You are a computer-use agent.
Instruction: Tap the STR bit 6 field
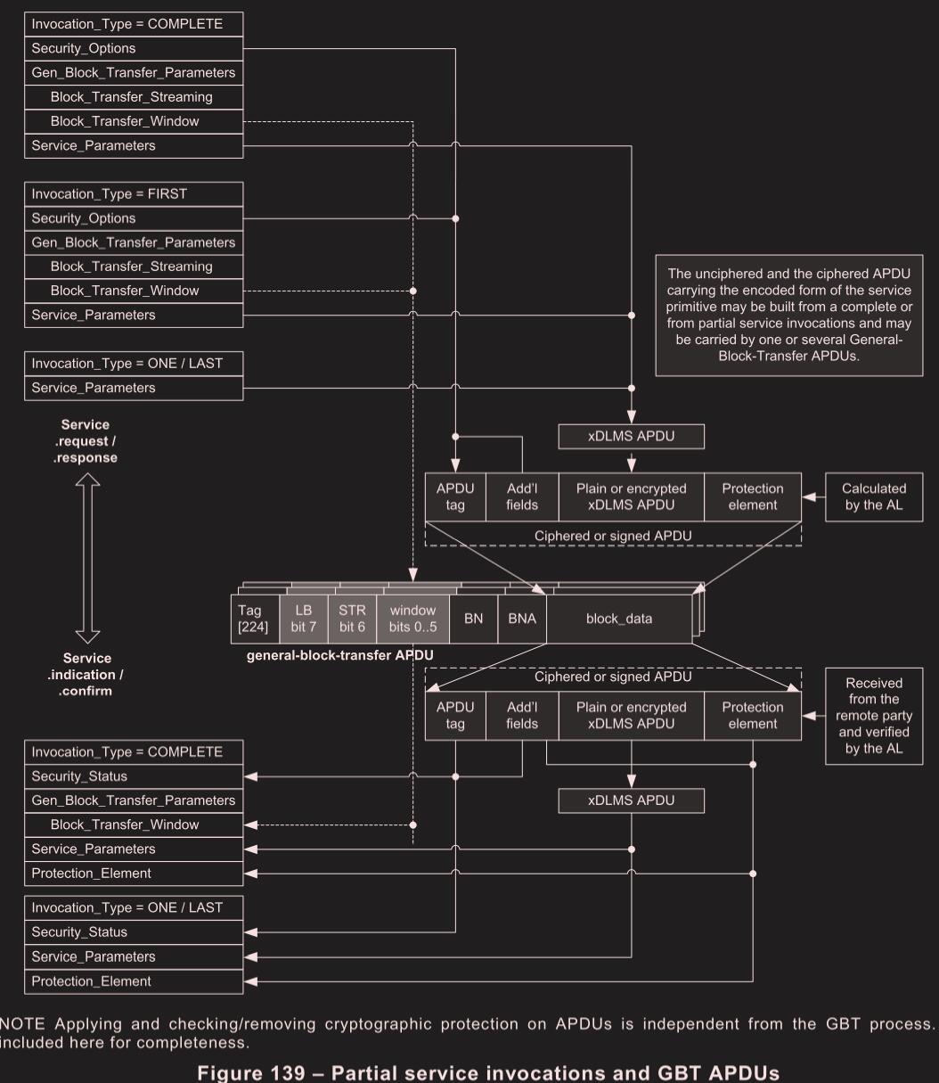(x=353, y=618)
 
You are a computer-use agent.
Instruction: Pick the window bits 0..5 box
(x=412, y=618)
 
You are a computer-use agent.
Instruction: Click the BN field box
(x=473, y=619)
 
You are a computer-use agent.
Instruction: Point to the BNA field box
(x=521, y=619)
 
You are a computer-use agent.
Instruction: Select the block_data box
(x=619, y=619)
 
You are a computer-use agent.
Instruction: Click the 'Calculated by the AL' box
(x=873, y=496)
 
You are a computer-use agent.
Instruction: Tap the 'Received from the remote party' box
(x=873, y=716)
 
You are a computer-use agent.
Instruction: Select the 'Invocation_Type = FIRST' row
(x=134, y=194)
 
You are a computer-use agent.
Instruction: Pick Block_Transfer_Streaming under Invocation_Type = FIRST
(x=134, y=267)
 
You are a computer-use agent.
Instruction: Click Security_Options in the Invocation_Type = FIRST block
(x=134, y=218)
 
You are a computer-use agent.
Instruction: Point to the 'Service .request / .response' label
(x=86, y=441)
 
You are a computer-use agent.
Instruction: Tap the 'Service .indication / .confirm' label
(x=86, y=675)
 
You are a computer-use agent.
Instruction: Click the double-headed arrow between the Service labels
(x=87, y=559)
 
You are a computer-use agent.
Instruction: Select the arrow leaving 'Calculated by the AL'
(x=813, y=496)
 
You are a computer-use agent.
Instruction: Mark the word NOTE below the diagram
(x=20, y=1021)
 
